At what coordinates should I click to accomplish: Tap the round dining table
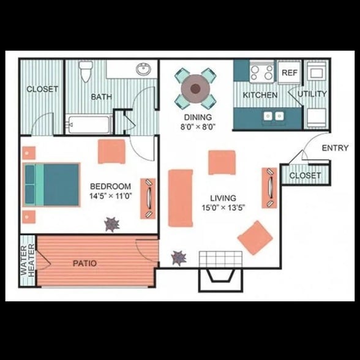point(195,89)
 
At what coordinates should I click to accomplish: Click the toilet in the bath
point(86,72)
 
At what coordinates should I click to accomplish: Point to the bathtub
point(89,126)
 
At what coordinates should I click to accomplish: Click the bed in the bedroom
point(52,184)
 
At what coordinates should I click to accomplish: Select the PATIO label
point(84,263)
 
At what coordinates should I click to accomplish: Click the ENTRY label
point(334,148)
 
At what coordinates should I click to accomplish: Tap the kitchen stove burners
point(261,72)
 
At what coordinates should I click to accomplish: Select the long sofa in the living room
point(180,198)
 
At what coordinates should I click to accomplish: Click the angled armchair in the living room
point(255,237)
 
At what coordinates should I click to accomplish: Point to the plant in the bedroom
point(111,225)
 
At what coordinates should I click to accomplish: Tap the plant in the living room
point(179,258)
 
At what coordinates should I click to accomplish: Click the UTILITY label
point(312,94)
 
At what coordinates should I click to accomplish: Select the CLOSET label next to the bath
point(42,89)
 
